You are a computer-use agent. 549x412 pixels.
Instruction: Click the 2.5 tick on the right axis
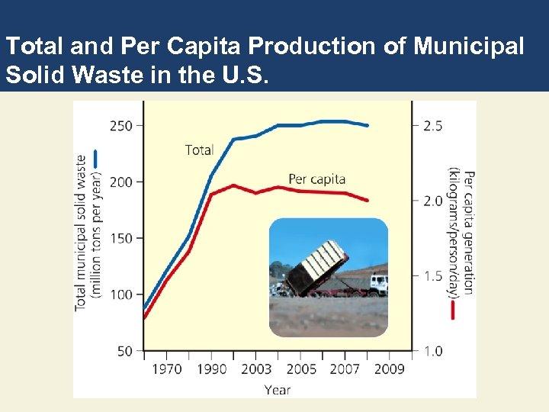pyautogui.click(x=432, y=125)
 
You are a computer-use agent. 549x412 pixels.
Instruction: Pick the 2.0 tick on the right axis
pyautogui.click(x=432, y=201)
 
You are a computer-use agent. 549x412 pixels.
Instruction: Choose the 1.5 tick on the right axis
pyautogui.click(x=432, y=275)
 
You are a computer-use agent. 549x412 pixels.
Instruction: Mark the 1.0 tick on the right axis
pyautogui.click(x=432, y=351)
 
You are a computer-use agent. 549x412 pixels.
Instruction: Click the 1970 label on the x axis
pyautogui.click(x=167, y=369)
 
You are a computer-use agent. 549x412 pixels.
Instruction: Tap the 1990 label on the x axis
pyautogui.click(x=211, y=369)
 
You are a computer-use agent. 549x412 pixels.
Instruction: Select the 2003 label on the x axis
pyautogui.click(x=256, y=369)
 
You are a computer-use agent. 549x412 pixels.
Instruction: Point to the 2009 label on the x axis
pyautogui.click(x=390, y=369)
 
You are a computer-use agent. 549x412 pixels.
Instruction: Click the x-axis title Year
pyautogui.click(x=278, y=389)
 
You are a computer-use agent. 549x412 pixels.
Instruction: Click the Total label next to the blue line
pyautogui.click(x=199, y=150)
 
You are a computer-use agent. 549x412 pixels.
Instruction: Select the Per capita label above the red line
pyautogui.click(x=316, y=179)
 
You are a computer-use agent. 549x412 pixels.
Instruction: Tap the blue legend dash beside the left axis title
pyautogui.click(x=96, y=158)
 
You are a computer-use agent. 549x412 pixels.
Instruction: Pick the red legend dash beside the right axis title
pyautogui.click(x=453, y=310)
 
